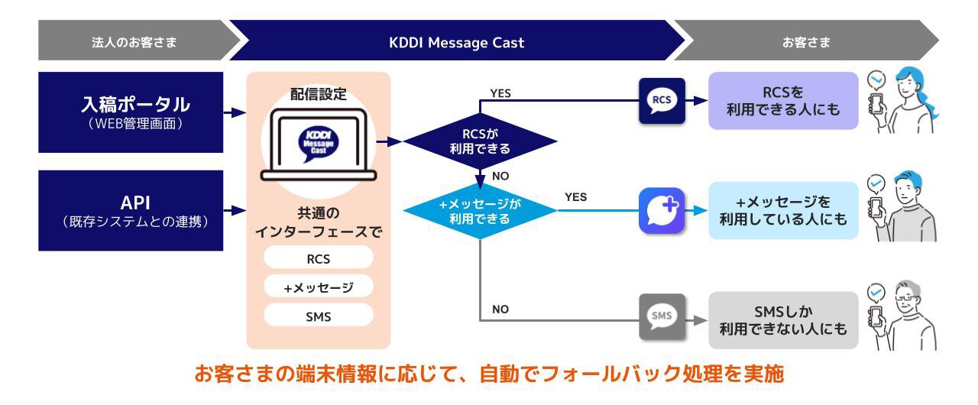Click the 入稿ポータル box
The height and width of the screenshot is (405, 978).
[131, 112]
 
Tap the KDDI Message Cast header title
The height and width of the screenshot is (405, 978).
[456, 43]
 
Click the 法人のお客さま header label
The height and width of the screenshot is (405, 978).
[134, 43]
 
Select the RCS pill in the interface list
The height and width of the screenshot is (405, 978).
[318, 258]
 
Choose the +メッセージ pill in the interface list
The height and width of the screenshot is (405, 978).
[318, 287]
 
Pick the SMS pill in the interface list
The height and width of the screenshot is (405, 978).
[318, 316]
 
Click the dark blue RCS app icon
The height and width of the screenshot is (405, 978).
[662, 101]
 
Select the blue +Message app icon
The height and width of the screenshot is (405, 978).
[662, 210]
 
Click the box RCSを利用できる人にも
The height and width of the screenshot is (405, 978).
[782, 101]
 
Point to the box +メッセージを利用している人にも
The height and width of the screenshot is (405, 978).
[782, 210]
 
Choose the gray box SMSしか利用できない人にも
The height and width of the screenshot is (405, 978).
[782, 320]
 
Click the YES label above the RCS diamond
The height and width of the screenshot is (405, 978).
[500, 93]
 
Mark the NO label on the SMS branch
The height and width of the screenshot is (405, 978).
[500, 309]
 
